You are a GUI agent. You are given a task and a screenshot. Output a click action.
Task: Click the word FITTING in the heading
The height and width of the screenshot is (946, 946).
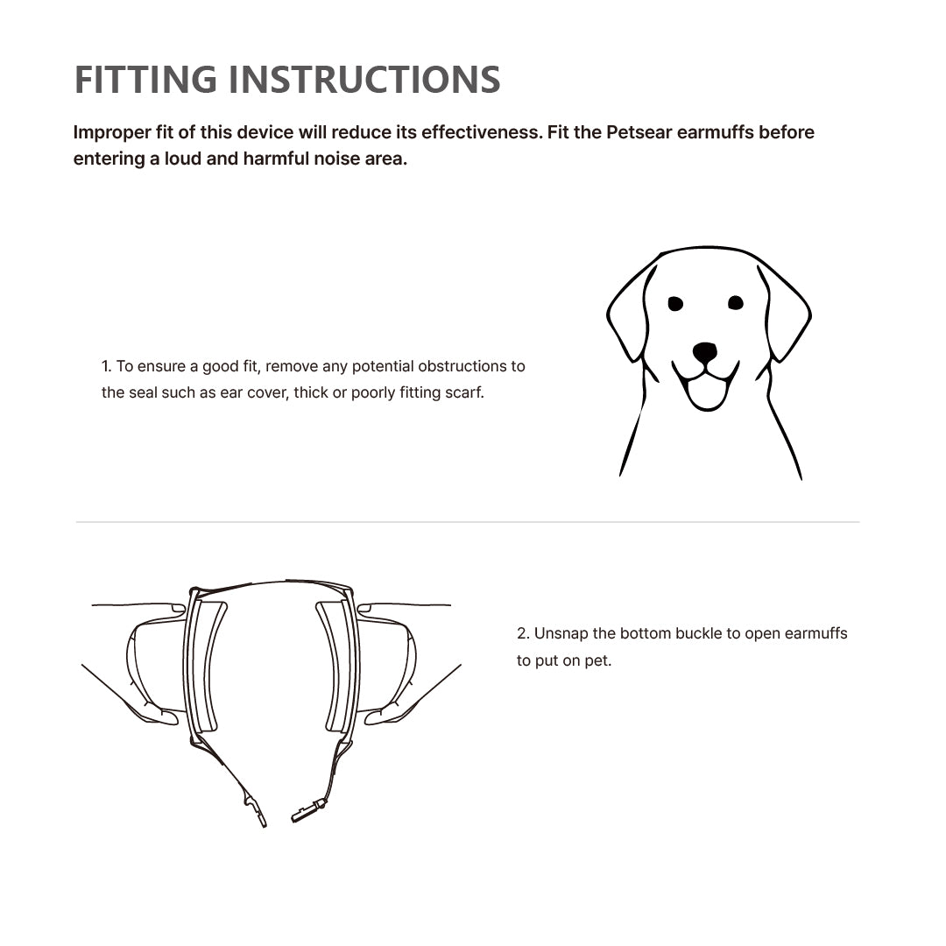145,80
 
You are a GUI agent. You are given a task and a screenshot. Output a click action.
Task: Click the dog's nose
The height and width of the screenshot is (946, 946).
704,352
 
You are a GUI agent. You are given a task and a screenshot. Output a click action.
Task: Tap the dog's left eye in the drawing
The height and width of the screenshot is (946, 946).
675,303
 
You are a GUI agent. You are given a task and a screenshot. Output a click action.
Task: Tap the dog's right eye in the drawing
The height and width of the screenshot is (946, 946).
736,302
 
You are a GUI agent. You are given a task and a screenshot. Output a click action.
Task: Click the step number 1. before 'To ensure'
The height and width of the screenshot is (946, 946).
106,366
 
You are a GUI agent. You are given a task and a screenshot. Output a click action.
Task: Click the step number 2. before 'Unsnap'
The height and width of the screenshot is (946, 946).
523,633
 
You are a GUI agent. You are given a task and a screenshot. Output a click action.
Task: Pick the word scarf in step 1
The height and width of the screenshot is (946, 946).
464,392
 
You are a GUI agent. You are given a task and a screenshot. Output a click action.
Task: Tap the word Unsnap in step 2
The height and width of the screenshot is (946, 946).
561,633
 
